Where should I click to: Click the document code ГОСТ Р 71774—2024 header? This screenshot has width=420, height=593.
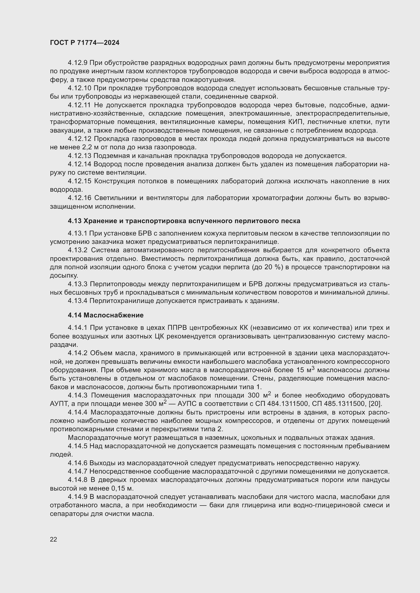[x=85, y=43]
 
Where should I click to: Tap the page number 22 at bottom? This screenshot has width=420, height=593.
[x=53, y=539]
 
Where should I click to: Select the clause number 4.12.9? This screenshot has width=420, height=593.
[x=77, y=63]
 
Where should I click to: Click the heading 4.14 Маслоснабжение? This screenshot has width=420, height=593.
[x=106, y=315]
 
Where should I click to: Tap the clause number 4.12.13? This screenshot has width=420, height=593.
[x=79, y=156]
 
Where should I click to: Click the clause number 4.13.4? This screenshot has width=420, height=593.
[x=78, y=301]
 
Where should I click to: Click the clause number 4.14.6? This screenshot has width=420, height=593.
[x=78, y=463]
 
